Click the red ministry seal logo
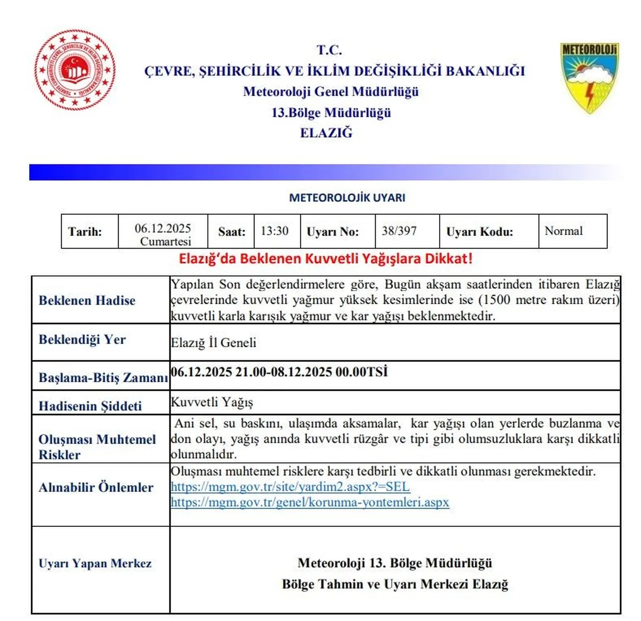point(75,70)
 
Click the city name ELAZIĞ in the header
point(326,133)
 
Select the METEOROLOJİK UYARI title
point(347,198)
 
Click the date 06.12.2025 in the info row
point(163,229)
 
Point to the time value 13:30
point(274,231)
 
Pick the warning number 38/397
point(399,231)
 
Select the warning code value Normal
point(563,231)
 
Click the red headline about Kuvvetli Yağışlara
point(326,259)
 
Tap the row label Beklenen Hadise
point(87,300)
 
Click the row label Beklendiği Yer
point(82,340)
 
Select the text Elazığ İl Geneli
point(213,343)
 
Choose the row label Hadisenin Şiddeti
point(90,406)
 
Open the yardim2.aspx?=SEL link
point(290,487)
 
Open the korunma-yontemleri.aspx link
point(310,502)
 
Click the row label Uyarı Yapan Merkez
point(95,563)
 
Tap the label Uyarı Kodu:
point(479,232)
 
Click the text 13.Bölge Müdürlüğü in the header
point(331,113)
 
